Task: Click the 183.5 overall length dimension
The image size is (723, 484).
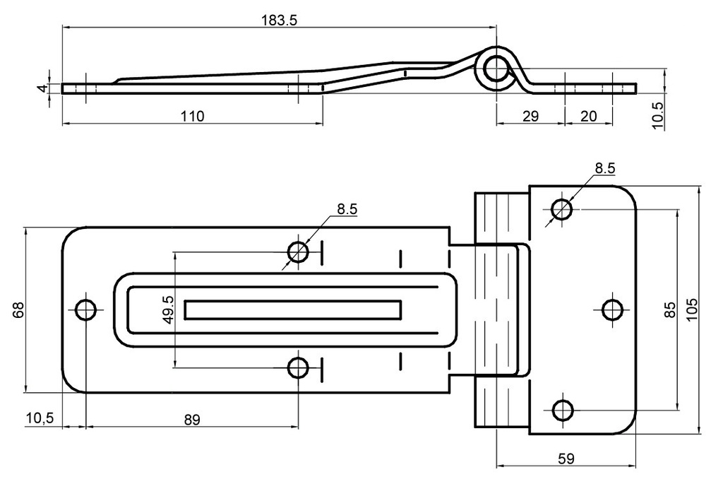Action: click(280, 20)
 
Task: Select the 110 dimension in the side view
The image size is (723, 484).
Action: click(191, 116)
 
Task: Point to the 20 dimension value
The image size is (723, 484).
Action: click(588, 116)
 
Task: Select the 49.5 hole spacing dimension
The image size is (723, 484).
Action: click(168, 309)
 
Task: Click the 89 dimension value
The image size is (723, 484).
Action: click(191, 419)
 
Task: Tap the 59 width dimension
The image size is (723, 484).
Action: click(566, 459)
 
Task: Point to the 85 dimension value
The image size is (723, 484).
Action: click(671, 309)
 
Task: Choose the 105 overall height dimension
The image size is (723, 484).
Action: click(692, 309)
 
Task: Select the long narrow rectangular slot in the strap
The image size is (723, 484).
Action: click(293, 309)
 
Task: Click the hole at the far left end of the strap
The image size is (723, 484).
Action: click(85, 309)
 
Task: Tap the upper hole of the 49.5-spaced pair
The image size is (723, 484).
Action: click(298, 252)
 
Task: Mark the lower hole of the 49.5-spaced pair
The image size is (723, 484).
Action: click(298, 367)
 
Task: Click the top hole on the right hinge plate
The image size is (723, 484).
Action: click(562, 209)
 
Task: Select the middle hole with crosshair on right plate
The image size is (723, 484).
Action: click(611, 309)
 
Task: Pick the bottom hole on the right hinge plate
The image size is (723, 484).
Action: click(562, 410)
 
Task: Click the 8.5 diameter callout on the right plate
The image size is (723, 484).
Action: click(604, 168)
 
